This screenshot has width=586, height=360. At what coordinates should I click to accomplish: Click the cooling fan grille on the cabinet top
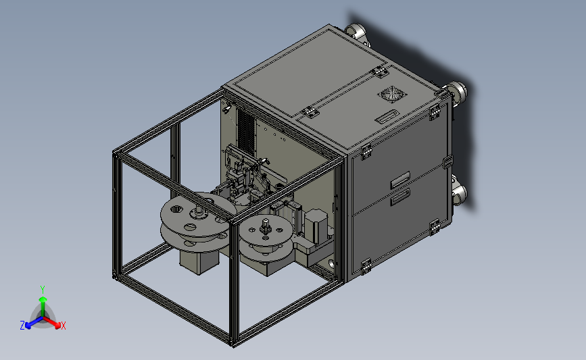coord(392,93)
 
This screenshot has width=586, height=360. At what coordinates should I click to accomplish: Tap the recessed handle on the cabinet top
coord(387,117)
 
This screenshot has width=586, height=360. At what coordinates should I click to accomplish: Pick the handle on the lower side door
coord(400,197)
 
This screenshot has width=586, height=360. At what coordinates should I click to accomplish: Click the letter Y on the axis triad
coord(43,290)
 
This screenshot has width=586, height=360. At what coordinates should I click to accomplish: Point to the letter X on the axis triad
coord(63,326)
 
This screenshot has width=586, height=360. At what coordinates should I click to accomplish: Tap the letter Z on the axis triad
coord(22,326)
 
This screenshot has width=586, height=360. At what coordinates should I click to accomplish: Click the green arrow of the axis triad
coord(43,307)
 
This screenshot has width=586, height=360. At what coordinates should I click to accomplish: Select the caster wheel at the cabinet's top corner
coord(356,32)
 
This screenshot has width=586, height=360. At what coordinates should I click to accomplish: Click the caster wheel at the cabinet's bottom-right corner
coord(460,192)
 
